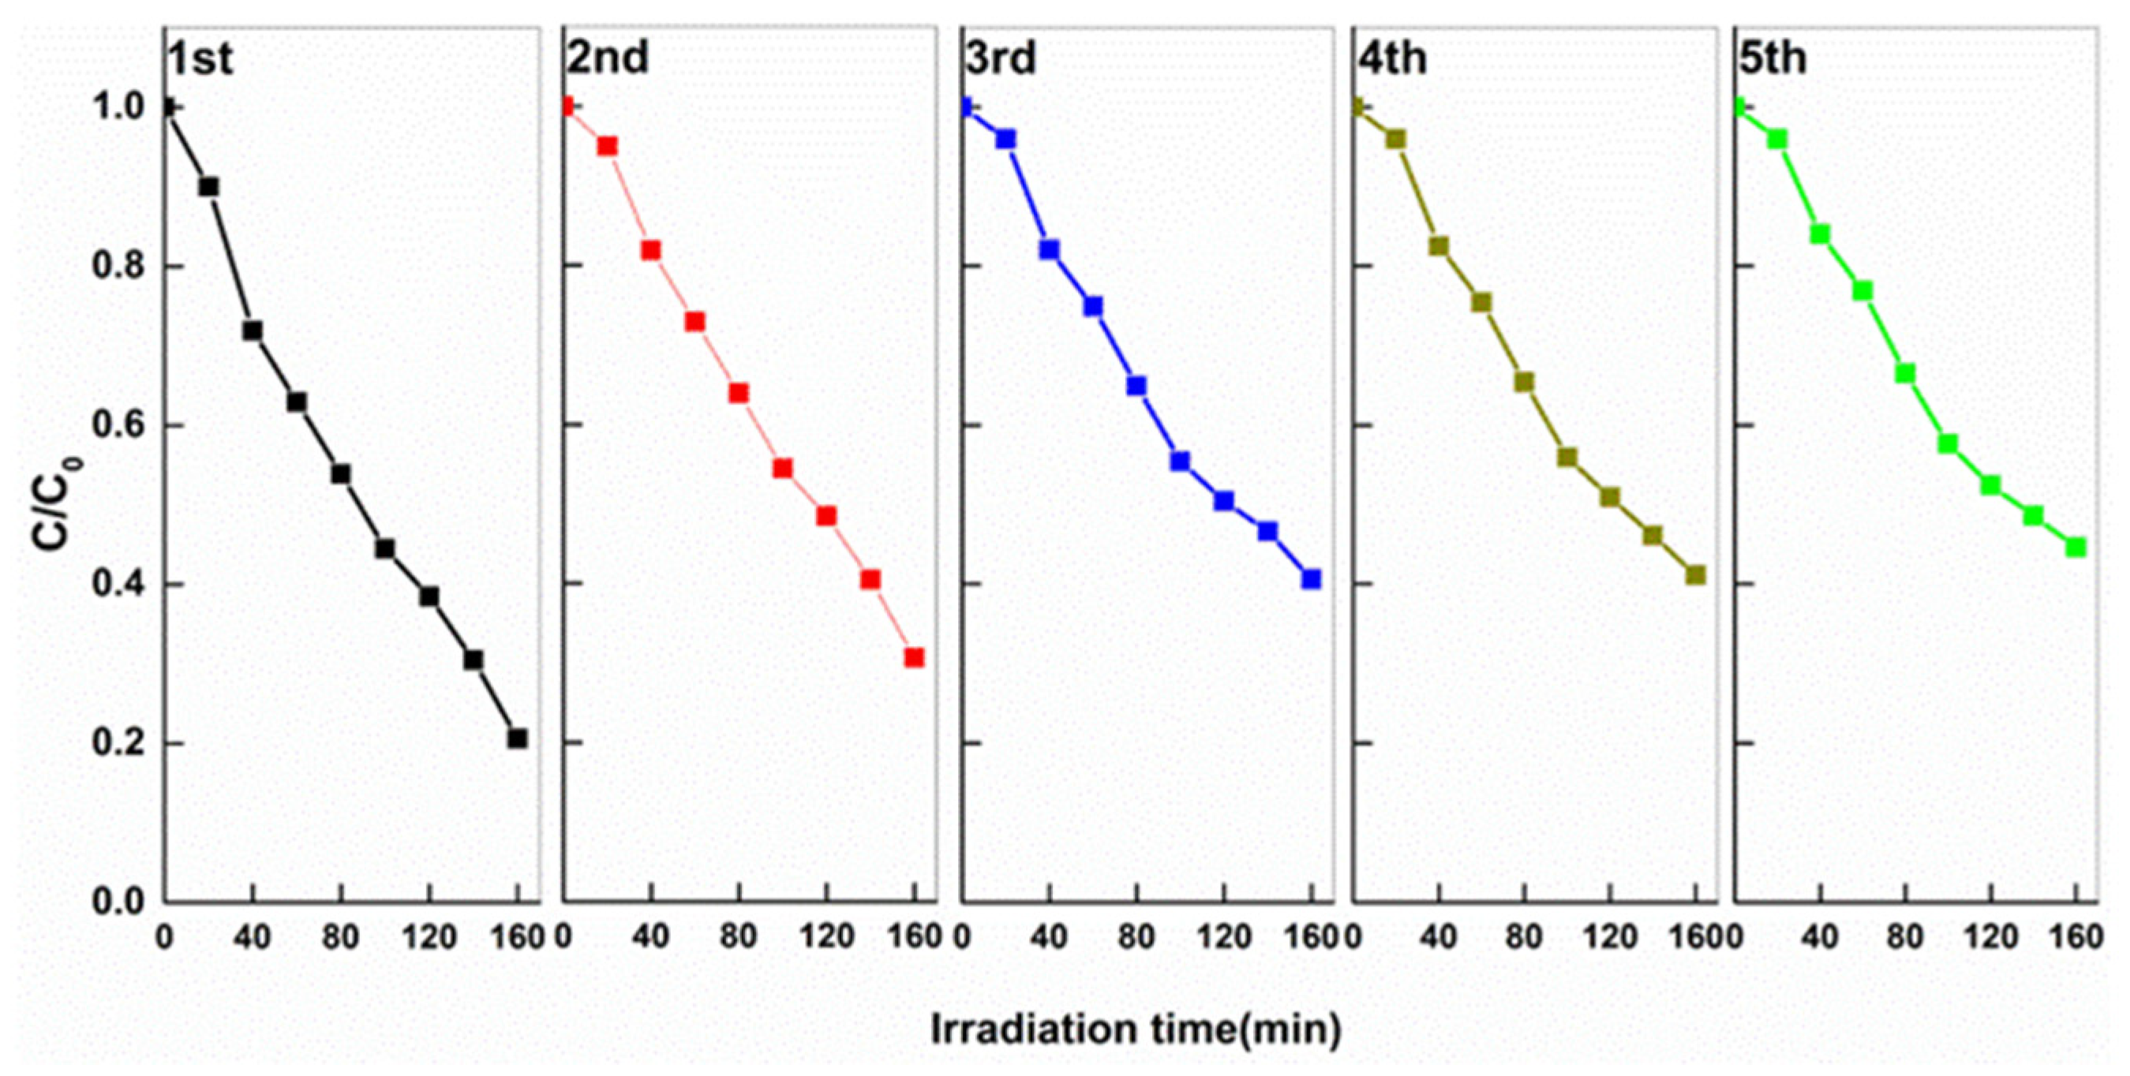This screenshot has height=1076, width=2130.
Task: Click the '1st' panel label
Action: (200, 59)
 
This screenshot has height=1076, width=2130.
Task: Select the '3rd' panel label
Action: (1001, 58)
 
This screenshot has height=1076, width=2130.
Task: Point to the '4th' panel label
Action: (1393, 58)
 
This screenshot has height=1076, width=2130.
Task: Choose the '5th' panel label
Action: (1773, 58)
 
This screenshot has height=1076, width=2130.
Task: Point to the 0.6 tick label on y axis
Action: (116, 427)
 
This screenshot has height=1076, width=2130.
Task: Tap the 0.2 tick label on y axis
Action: (116, 744)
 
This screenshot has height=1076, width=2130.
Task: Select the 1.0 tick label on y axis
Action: (116, 108)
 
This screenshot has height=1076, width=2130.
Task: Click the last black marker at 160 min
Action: (518, 739)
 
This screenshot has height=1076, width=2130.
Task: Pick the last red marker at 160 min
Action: (914, 658)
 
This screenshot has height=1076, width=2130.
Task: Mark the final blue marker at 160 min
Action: (1311, 579)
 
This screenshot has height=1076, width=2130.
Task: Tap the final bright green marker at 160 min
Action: (2076, 547)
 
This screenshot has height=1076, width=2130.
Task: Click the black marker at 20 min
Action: (209, 187)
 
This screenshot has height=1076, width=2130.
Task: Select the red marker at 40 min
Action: (651, 250)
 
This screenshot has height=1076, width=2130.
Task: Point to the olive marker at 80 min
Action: (1524, 382)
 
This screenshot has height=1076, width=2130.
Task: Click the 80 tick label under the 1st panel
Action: (340, 938)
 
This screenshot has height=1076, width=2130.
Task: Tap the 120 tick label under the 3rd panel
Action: (1224, 938)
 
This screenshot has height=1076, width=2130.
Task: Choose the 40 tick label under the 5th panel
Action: (1819, 938)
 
